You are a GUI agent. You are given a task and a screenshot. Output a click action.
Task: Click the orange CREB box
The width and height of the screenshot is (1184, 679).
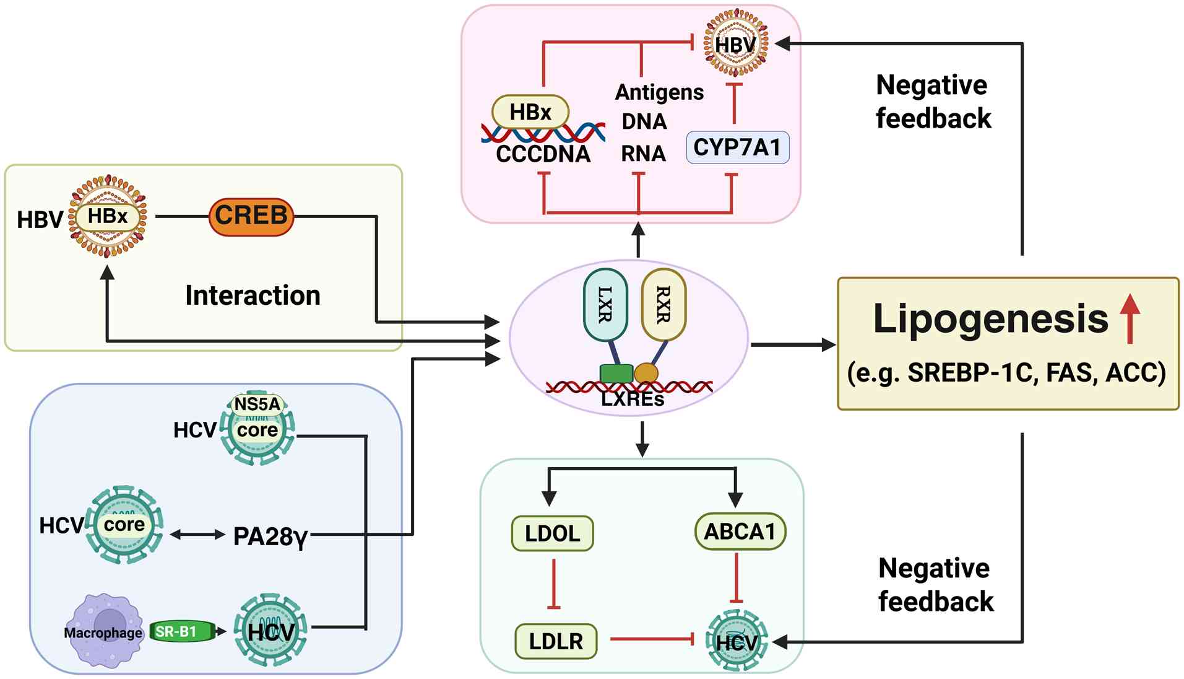click(251, 216)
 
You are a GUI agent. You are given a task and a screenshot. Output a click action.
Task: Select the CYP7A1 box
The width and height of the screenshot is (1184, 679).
click(737, 147)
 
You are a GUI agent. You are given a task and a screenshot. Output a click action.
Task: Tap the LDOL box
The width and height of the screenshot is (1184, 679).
click(552, 533)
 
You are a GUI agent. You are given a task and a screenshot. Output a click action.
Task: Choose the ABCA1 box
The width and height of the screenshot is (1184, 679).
click(740, 532)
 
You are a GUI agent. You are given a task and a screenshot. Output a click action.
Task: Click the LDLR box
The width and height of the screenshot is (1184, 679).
click(556, 641)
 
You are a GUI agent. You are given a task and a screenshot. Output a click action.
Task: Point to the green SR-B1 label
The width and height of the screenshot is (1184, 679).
click(179, 631)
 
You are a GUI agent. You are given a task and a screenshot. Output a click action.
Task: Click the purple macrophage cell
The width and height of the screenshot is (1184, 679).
click(103, 631)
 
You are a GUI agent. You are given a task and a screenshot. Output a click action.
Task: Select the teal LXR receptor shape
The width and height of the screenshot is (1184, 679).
click(605, 305)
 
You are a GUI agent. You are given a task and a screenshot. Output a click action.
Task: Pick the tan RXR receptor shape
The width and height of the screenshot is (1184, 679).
click(663, 304)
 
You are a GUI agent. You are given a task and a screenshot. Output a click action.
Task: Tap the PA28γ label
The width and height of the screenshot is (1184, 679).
click(270, 537)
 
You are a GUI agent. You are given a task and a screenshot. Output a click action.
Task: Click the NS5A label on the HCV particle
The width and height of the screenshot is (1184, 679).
click(257, 405)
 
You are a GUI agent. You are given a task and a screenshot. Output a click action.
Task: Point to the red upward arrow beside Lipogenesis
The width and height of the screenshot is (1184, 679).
click(1130, 318)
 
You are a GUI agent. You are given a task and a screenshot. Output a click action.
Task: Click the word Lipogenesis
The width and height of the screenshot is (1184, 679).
click(990, 319)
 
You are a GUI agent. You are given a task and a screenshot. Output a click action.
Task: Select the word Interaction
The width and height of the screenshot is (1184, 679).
click(253, 296)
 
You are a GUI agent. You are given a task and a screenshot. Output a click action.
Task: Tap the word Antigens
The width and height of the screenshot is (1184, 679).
click(659, 92)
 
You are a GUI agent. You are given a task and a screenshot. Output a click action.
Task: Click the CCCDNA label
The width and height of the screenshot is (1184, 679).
click(543, 154)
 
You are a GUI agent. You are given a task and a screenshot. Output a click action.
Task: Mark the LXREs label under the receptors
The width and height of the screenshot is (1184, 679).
click(633, 400)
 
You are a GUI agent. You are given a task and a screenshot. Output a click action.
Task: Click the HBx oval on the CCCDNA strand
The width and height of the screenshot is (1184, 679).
click(530, 112)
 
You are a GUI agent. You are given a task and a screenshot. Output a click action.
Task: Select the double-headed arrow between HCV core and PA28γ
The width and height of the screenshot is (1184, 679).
click(197, 535)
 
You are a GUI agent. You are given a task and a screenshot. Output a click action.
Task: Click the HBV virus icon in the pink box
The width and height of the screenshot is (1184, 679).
click(735, 44)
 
